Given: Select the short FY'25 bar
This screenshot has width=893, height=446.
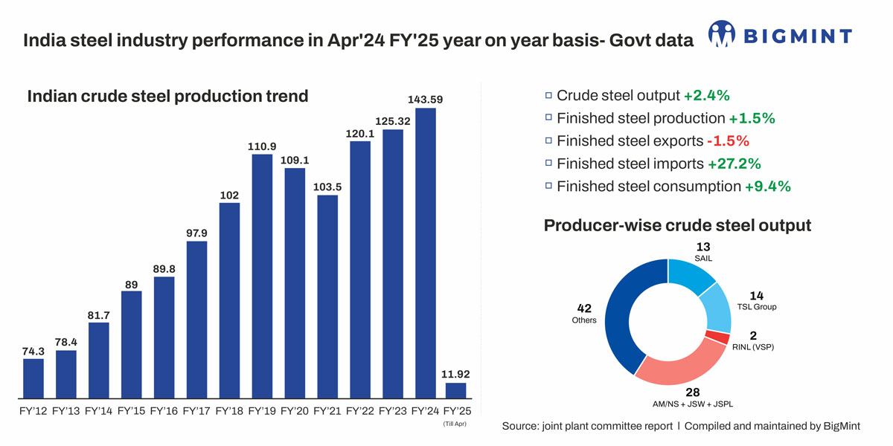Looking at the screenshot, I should [455, 390].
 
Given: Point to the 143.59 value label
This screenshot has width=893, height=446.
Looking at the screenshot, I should [425, 99].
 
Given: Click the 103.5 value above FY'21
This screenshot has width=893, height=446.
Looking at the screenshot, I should [327, 186].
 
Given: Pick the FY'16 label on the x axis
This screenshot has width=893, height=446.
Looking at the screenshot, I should [164, 410].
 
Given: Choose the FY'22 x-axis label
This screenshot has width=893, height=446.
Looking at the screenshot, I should [359, 410].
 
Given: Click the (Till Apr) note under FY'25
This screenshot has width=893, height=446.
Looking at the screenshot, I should [455, 424].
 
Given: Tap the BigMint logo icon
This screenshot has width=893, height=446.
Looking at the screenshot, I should [721, 35].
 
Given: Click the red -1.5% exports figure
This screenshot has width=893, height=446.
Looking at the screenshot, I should [728, 140].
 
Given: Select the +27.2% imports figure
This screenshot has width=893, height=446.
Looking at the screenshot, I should [734, 164].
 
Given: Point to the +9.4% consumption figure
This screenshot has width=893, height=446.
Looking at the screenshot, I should [767, 187].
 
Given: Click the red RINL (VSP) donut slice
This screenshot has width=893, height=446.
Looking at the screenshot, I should [717, 337].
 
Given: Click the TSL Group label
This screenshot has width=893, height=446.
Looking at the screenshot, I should [757, 307].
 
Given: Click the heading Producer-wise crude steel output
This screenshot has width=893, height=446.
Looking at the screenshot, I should [677, 225].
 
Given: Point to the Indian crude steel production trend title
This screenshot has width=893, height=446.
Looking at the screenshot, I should [167, 96].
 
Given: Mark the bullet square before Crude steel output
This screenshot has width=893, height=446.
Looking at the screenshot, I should [548, 95].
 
